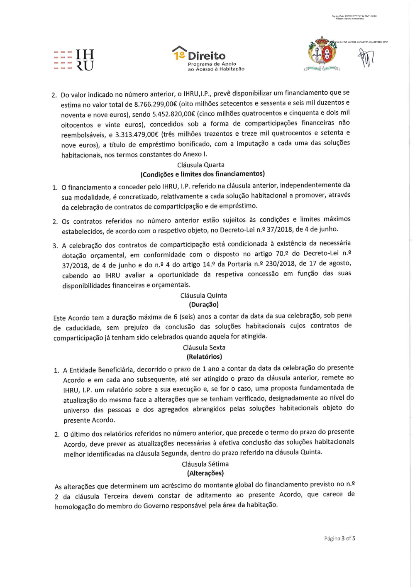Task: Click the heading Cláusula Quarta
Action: [x=200, y=165]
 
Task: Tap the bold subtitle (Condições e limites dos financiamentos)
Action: [x=203, y=174]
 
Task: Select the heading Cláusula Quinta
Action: [x=203, y=296]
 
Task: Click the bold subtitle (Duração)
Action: [x=203, y=305]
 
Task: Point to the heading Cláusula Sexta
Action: [x=204, y=347]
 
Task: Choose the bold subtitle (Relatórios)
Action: [x=204, y=357]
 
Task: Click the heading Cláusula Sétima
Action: [x=205, y=464]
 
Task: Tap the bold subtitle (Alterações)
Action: [x=205, y=473]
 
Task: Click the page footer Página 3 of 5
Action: [x=339, y=538]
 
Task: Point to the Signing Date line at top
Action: [x=354, y=16]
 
